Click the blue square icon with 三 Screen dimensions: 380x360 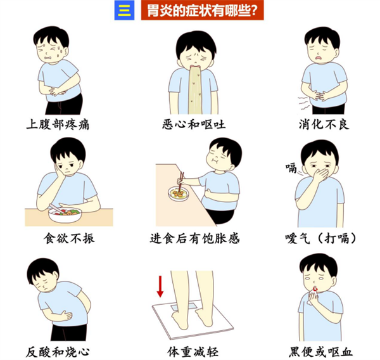click(124, 10)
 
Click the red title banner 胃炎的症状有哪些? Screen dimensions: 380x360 click(203, 10)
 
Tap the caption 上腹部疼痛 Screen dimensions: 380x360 click(58, 124)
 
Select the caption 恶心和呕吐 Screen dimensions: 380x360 click(194, 124)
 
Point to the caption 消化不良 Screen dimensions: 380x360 click(324, 124)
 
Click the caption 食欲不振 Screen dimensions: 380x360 click(69, 238)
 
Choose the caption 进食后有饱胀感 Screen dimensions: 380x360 click(194, 238)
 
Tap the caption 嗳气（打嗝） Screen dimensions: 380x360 click(321, 238)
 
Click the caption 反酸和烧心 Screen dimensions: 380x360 click(58, 352)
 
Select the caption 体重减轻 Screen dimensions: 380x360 click(193, 352)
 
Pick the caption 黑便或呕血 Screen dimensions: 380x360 click(320, 352)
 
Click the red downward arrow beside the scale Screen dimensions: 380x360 click(160, 286)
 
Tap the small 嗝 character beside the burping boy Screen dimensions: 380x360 click(291, 168)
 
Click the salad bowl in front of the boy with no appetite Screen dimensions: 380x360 click(65, 215)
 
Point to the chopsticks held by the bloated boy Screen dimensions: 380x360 click(180, 182)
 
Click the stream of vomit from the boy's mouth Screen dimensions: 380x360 click(195, 90)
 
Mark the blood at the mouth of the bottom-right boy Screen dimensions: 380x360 click(315, 288)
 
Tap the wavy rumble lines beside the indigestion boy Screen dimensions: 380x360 click(303, 103)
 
